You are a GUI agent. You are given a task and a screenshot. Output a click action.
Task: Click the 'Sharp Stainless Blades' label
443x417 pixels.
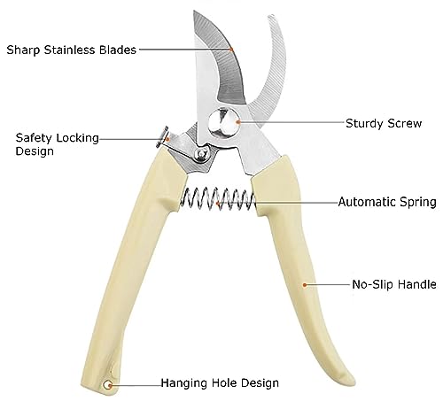[x=72, y=50]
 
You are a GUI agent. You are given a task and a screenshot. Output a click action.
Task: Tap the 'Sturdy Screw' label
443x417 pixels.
[x=384, y=123]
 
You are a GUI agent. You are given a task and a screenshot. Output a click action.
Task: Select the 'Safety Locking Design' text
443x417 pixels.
[x=58, y=144]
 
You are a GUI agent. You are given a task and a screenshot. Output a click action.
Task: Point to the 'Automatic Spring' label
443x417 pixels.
[x=387, y=202]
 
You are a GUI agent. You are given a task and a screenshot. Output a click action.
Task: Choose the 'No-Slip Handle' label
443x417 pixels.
[x=394, y=284]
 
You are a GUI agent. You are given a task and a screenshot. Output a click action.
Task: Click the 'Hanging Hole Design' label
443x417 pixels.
[x=220, y=382]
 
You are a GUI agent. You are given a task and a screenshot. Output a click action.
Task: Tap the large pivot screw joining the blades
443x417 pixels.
[x=223, y=122]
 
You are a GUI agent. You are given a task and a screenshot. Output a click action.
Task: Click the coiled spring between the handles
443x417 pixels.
[x=218, y=199]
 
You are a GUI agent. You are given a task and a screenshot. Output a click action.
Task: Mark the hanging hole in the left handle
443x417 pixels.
[x=107, y=385]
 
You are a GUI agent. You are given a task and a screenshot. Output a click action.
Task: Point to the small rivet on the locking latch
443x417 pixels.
[x=202, y=154]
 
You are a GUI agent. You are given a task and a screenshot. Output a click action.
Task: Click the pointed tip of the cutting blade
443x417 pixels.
[x=194, y=12]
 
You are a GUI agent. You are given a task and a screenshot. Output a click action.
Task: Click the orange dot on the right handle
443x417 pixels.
[x=304, y=285]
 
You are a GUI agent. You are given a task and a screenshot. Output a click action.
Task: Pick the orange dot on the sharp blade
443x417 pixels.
[x=232, y=50]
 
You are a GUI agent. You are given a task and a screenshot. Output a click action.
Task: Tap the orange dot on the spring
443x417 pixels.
[x=218, y=203]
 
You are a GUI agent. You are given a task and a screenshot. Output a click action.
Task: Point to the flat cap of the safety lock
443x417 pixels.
[x=162, y=137]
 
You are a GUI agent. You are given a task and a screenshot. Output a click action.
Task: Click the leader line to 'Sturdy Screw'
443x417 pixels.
[x=291, y=122]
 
